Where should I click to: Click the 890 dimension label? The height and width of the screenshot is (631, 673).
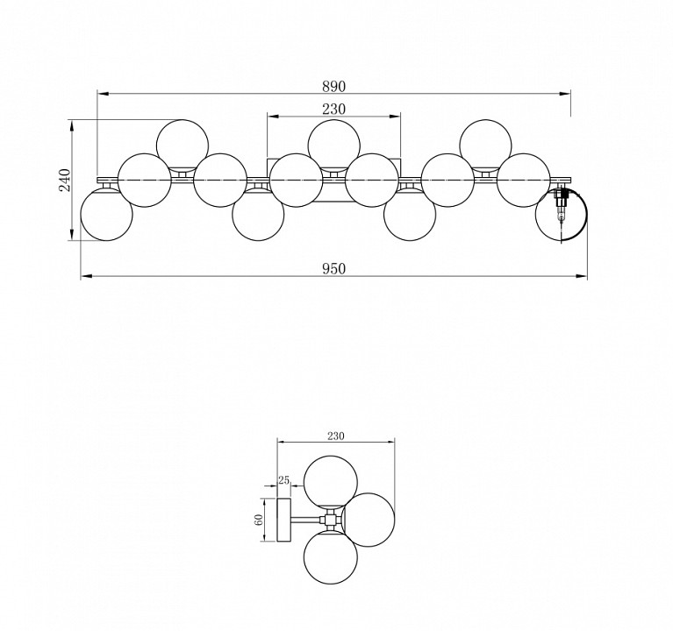coord(333,87)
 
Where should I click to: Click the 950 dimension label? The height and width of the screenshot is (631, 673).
coord(333,269)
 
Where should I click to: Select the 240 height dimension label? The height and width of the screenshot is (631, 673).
coord(64,180)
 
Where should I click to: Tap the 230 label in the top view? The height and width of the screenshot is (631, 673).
coord(333,110)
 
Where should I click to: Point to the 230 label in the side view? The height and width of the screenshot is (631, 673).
coord(336,436)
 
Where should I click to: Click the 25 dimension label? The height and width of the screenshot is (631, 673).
coord(283,480)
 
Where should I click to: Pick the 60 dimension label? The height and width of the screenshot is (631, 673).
coord(259,520)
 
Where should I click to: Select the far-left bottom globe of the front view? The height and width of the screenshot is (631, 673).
coord(106,215)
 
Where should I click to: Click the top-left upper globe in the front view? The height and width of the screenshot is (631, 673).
coord(183,145)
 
